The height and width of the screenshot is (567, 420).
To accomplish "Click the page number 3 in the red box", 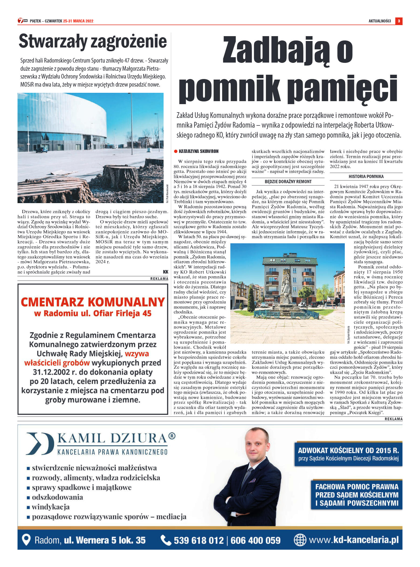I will pyautogui.click(x=399, y=21).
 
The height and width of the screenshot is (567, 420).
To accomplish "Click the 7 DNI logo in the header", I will pyautogui.click(x=23, y=21).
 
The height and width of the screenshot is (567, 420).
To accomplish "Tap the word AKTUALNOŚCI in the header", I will pyautogui.click(x=380, y=21).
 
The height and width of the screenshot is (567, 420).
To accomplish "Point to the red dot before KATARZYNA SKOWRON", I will pyautogui.click(x=175, y=151).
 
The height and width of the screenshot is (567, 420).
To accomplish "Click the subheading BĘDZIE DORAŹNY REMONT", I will pyautogui.click(x=288, y=182).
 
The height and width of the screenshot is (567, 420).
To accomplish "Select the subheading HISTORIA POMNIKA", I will pyautogui.click(x=366, y=176).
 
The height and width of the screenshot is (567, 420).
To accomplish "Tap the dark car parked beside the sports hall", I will pyautogui.click(x=41, y=149).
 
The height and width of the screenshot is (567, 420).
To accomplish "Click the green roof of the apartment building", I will pyautogui.click(x=290, y=261).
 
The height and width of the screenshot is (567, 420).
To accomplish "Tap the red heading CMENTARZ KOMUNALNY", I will pyautogui.click(x=93, y=302).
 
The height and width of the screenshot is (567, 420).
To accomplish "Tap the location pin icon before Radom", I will pyautogui.click(x=26, y=540).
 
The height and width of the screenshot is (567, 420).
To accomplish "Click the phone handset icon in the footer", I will pyautogui.click(x=166, y=540).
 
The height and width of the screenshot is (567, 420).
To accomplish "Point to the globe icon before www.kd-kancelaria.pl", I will pyautogui.click(x=299, y=540).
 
